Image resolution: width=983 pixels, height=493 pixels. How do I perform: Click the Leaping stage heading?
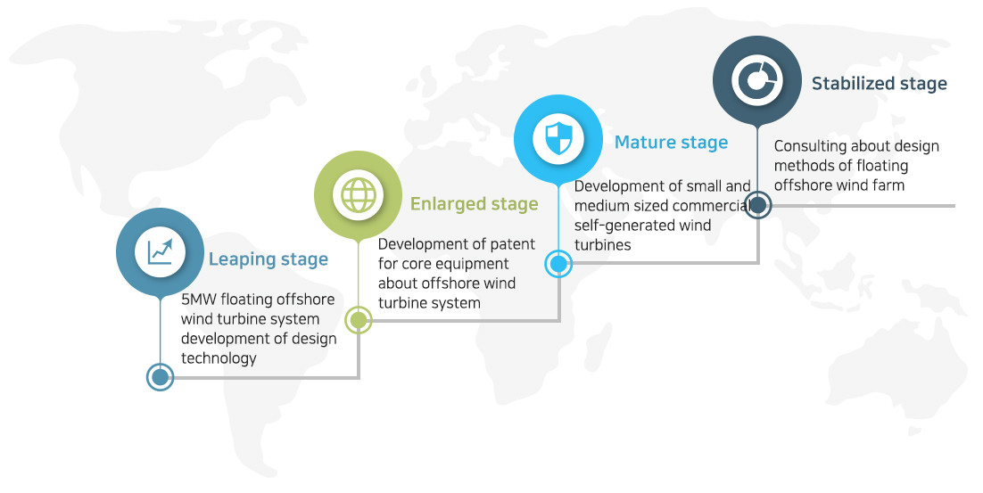pyautogui.click(x=268, y=259)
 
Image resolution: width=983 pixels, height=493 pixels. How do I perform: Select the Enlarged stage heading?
pyautogui.click(x=474, y=204)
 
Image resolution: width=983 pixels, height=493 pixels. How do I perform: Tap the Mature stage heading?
pyautogui.click(x=671, y=143)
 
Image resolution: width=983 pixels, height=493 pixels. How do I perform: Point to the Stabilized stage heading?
pyautogui.click(x=879, y=83)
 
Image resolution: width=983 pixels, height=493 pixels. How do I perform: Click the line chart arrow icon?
pyautogui.click(x=160, y=251)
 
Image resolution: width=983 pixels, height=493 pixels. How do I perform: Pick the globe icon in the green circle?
pyautogui.click(x=358, y=195)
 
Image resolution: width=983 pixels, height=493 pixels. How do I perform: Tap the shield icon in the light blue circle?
pyautogui.click(x=558, y=138)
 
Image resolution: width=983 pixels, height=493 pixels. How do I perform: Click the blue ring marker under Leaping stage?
pyautogui.click(x=160, y=377)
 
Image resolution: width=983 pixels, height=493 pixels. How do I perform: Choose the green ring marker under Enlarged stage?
pyautogui.click(x=358, y=320)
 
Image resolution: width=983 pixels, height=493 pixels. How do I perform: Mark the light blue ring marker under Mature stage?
pyautogui.click(x=558, y=264)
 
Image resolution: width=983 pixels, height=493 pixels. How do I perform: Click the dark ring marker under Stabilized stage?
pyautogui.click(x=757, y=204)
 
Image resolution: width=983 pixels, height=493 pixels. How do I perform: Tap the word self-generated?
pyautogui.click(x=642, y=226)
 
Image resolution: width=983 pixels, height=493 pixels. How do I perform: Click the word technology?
pyautogui.click(x=219, y=358)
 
